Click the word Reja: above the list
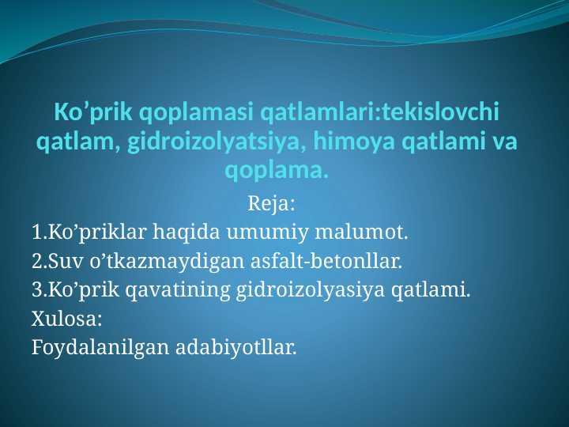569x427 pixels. click(x=271, y=204)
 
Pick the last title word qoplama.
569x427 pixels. click(x=277, y=170)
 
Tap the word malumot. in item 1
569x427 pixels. click(x=361, y=232)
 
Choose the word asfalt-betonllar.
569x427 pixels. click(x=326, y=261)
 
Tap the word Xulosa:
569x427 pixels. click(x=66, y=319)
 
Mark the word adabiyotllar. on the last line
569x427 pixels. click(x=236, y=348)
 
